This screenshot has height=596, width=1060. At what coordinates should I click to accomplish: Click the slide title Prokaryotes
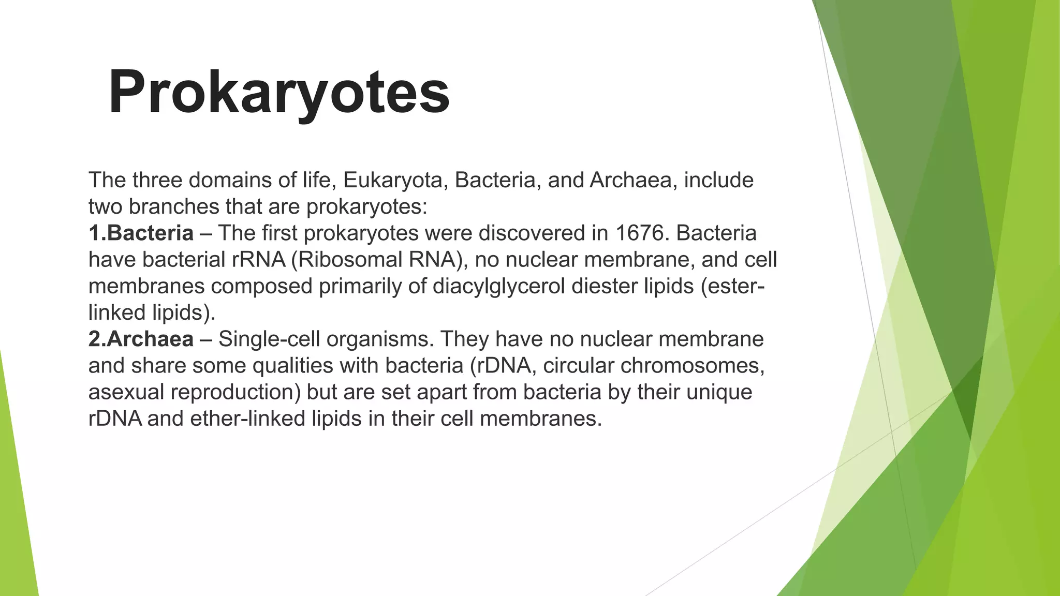279,92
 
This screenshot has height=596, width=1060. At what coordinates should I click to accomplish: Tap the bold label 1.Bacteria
141,233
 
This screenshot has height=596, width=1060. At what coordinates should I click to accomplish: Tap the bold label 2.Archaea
141,339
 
